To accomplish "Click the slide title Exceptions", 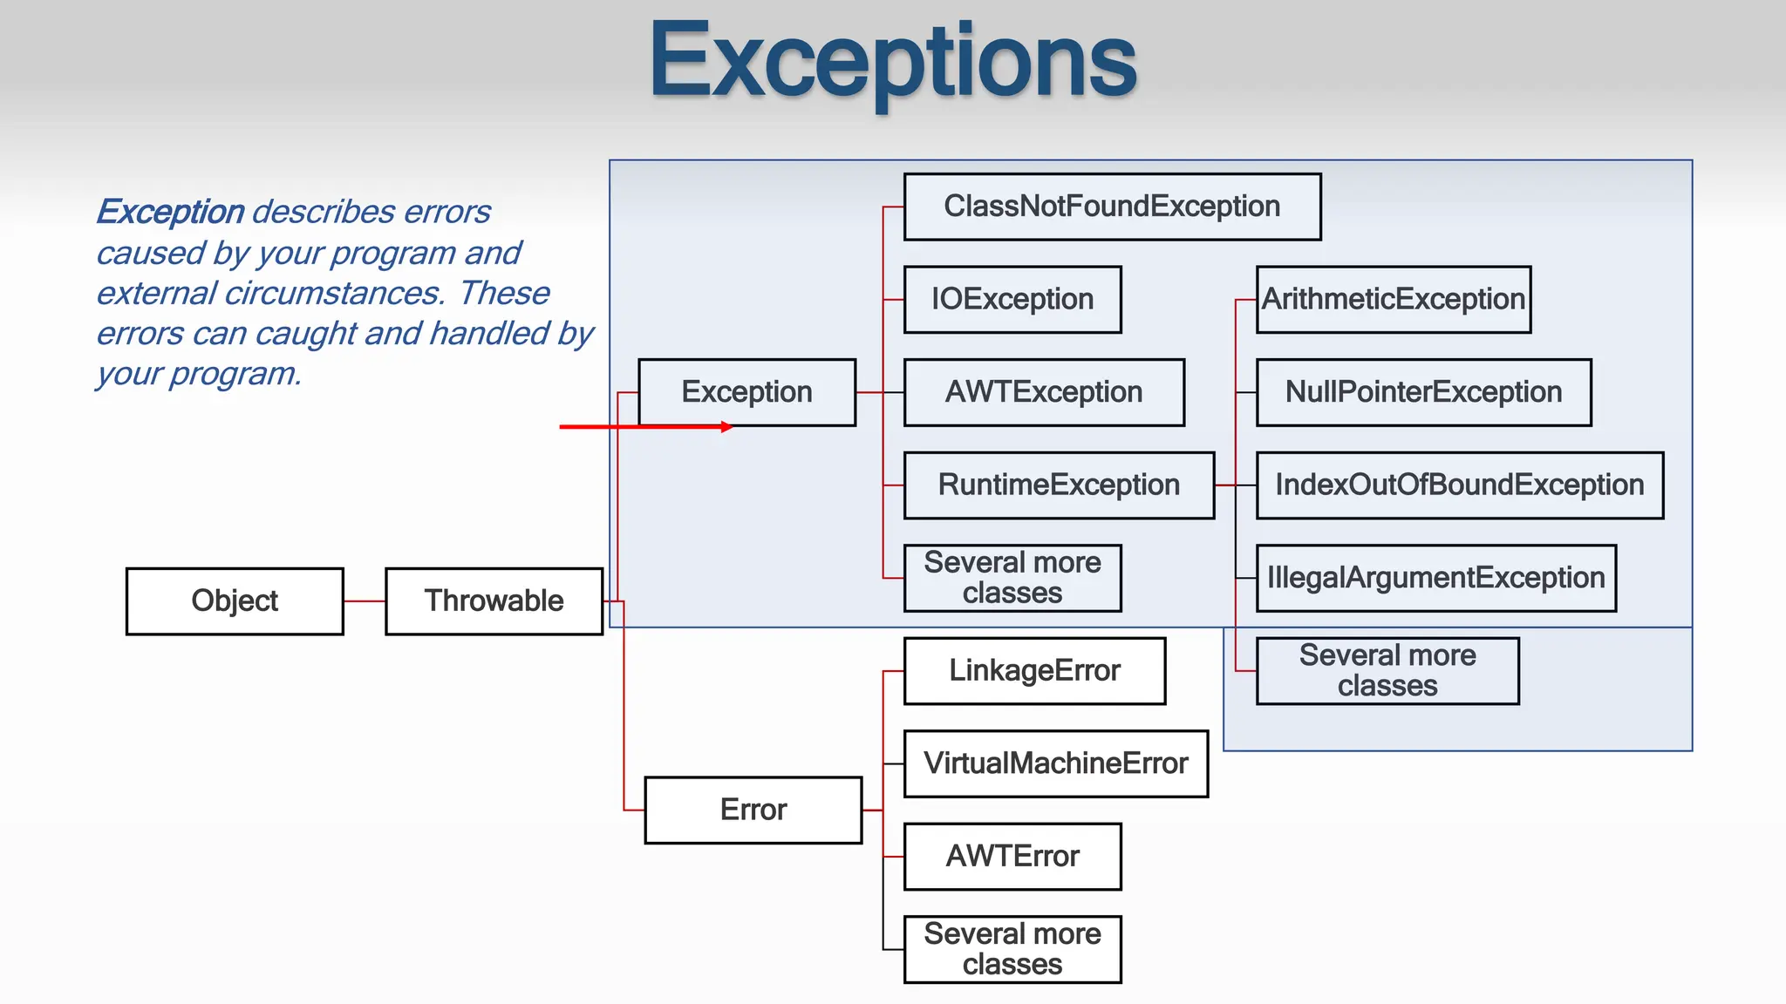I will point(893,61).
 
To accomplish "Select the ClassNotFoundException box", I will point(1112,207).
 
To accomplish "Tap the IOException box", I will point(1012,300).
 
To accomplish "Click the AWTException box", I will point(1044,392).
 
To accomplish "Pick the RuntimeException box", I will point(1059,485).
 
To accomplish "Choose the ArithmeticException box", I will point(1393,300).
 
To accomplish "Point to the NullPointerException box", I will point(1423,392).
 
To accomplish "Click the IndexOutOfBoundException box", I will point(1459,485).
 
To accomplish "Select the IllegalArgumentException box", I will point(1435,578).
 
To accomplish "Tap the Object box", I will point(235,601).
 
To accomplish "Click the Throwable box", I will point(494,601).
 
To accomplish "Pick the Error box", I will point(753,811).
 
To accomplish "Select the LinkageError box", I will point(1034,671).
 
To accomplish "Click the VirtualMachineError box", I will point(1055,764).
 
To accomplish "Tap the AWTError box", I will point(1012,857).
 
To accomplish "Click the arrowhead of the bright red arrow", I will point(727,427).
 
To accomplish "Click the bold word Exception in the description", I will point(171,212).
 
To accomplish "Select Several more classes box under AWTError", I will point(1012,949).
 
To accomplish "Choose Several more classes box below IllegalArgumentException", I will point(1387,671).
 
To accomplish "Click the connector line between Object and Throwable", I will point(365,601).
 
